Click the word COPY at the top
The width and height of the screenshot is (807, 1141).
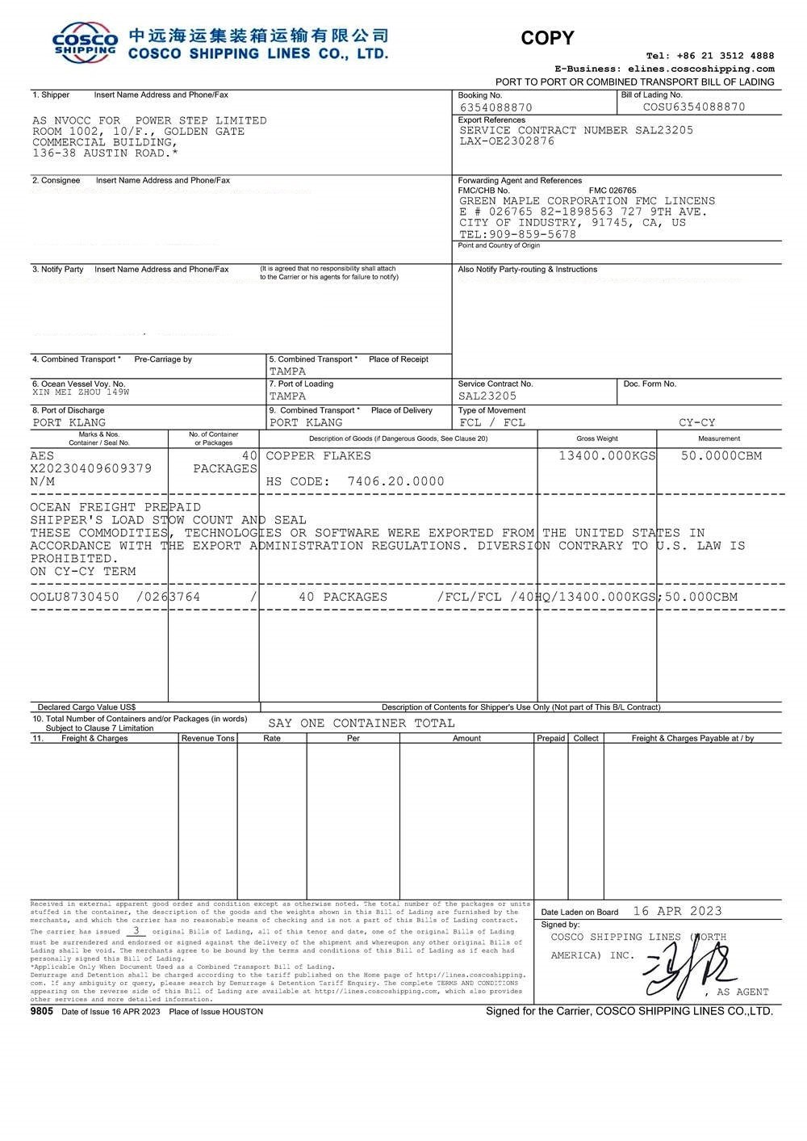[x=547, y=38]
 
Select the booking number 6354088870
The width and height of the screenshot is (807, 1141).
[x=495, y=107]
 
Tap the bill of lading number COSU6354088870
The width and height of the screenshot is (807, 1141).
[x=694, y=107]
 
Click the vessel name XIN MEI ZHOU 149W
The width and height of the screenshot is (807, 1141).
[x=80, y=392]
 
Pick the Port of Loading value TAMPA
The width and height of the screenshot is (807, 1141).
[x=287, y=396]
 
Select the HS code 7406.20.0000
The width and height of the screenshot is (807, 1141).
[x=395, y=481]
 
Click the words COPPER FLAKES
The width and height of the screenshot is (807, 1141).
[x=318, y=455]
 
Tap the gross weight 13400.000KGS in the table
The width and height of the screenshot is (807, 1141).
[x=607, y=455]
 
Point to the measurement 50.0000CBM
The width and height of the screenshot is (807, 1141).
[x=721, y=455]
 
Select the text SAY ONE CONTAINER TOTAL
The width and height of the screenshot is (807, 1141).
[x=361, y=723]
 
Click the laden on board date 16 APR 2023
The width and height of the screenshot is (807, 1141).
[x=677, y=911]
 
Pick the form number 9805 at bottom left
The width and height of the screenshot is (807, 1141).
[x=41, y=1011]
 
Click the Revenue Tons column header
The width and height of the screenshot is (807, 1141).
[x=207, y=738]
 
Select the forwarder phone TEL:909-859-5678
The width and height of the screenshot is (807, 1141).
[x=517, y=234]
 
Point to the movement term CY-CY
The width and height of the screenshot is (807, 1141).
[x=696, y=422]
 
